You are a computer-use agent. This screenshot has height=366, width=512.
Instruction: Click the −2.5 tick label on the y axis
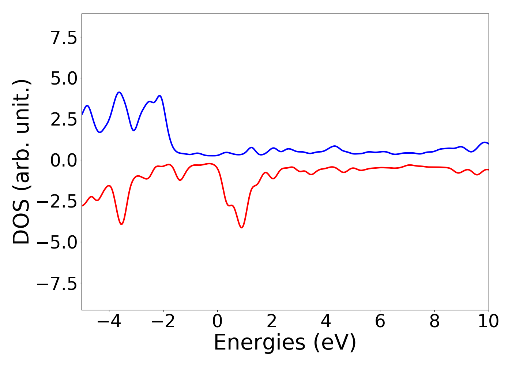pyautogui.click(x=57, y=202)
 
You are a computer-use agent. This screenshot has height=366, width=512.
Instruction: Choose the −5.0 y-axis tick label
pyautogui.click(x=57, y=243)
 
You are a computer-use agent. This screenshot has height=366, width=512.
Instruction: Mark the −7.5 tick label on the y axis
pyautogui.click(x=57, y=284)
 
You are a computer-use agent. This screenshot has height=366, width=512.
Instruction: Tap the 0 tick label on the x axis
pyautogui.click(x=217, y=322)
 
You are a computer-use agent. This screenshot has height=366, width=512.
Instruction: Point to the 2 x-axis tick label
pyautogui.click(x=272, y=322)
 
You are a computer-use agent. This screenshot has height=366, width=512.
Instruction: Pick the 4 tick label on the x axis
pyautogui.click(x=326, y=322)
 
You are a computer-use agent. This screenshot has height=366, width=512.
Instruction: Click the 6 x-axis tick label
pyautogui.click(x=380, y=322)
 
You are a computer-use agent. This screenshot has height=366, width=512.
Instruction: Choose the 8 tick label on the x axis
pyautogui.click(x=434, y=322)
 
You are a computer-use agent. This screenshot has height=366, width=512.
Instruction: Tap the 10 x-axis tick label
pyautogui.click(x=488, y=322)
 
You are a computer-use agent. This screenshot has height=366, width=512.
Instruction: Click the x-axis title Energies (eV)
pyautogui.click(x=285, y=343)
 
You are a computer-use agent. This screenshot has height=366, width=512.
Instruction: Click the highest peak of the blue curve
pyautogui.click(x=119, y=92)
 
